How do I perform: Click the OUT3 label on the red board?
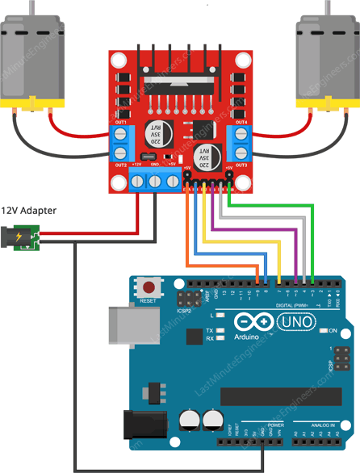[241, 164]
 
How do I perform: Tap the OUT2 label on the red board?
[122, 164]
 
